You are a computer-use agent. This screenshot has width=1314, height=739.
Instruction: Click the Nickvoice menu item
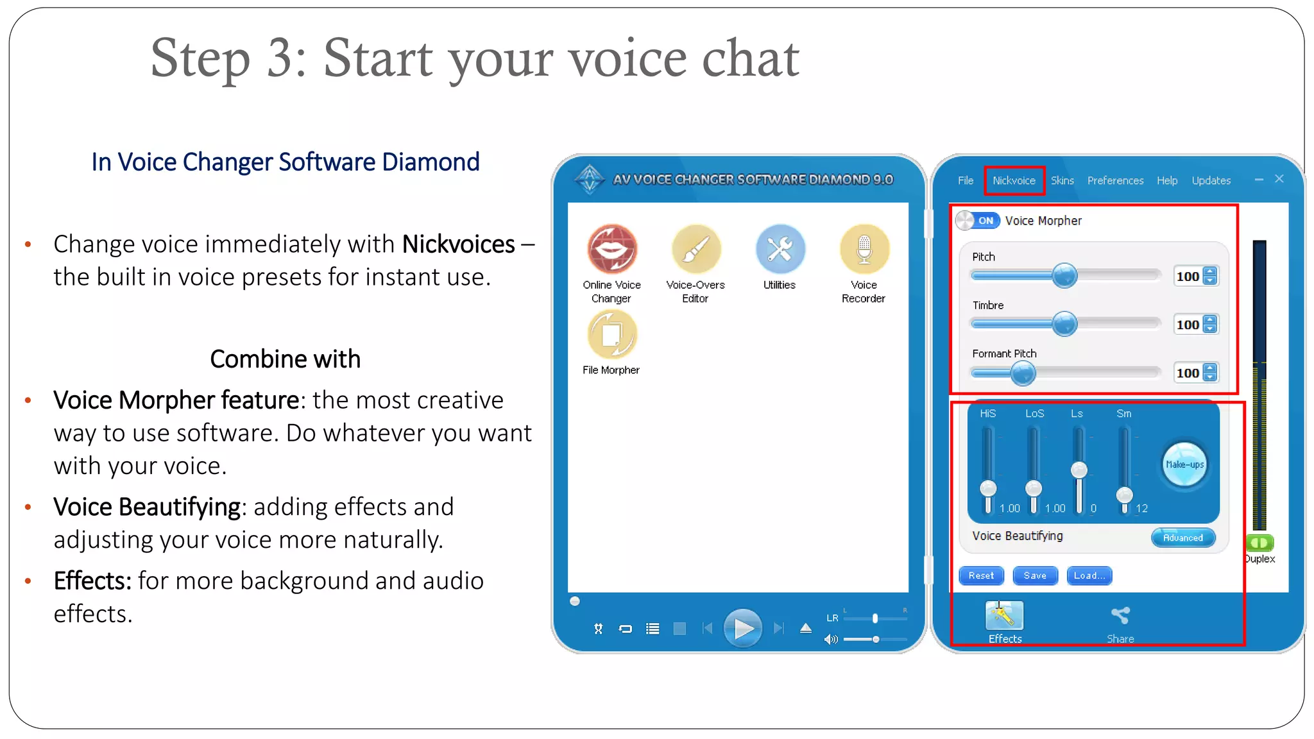click(1014, 180)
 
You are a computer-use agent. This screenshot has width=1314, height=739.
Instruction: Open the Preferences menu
click(1115, 180)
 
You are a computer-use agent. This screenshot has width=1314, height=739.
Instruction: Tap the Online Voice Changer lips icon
click(612, 250)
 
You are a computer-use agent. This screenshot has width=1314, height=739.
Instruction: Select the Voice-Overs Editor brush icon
click(696, 250)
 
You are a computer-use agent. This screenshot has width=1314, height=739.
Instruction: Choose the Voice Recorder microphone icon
click(864, 250)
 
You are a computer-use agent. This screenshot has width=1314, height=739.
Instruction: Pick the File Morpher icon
click(611, 334)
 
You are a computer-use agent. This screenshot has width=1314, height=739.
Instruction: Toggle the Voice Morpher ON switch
click(977, 221)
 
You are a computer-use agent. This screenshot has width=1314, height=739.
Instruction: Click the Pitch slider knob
click(1064, 276)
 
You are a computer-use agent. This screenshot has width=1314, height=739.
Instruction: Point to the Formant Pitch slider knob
click(1023, 373)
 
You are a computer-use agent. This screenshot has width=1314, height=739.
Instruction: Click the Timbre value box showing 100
click(1188, 325)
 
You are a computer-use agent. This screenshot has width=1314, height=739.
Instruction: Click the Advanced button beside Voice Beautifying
click(1182, 538)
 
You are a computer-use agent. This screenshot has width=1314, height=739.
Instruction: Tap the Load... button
click(1089, 575)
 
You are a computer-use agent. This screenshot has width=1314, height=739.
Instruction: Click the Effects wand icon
click(1004, 616)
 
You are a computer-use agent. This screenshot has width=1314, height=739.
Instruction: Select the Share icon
click(1120, 616)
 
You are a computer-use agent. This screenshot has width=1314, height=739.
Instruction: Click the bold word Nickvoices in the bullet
click(458, 244)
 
